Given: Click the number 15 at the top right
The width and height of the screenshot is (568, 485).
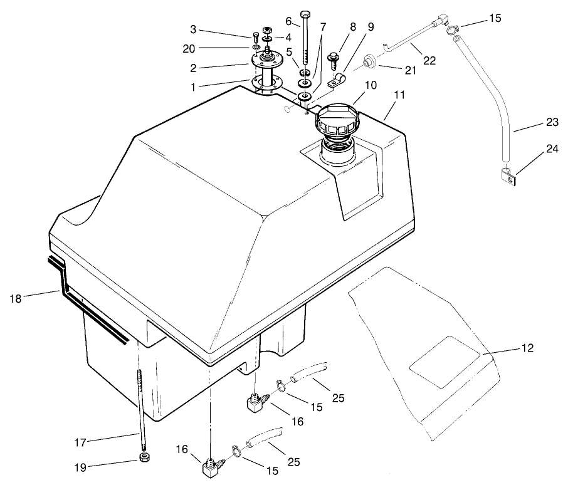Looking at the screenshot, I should (495, 19).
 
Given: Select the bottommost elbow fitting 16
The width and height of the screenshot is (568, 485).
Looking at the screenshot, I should (209, 468).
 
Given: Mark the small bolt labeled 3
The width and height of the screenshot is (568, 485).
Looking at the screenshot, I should (255, 36).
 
